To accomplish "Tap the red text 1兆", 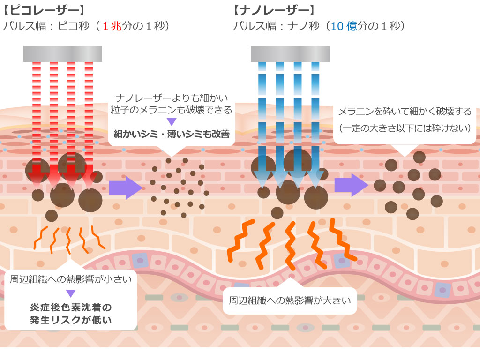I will [112, 26].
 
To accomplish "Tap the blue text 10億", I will [345, 26].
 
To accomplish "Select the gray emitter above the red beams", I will [62, 54].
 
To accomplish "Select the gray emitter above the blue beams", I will [290, 54].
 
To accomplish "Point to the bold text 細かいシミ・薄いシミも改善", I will [172, 134].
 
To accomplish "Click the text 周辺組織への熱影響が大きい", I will [290, 300].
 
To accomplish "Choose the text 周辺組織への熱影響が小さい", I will [71, 280].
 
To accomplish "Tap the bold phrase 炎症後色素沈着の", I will [71, 307].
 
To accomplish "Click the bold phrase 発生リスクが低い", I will [71, 320].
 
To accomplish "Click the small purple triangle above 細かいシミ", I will [172, 122].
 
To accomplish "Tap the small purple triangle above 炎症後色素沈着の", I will [71, 293].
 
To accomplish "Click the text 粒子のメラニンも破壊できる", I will [172, 110].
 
